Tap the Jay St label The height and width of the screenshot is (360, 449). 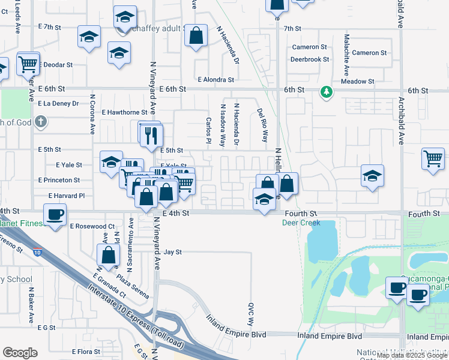(172, 253)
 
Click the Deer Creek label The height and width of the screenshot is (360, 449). (301, 223)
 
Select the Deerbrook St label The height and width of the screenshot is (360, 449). (310, 59)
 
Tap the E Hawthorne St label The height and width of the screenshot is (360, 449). (124, 112)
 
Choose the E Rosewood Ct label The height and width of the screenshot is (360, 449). (92, 226)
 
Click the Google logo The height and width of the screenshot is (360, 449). (20, 353)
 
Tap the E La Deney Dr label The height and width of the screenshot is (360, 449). (58, 103)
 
